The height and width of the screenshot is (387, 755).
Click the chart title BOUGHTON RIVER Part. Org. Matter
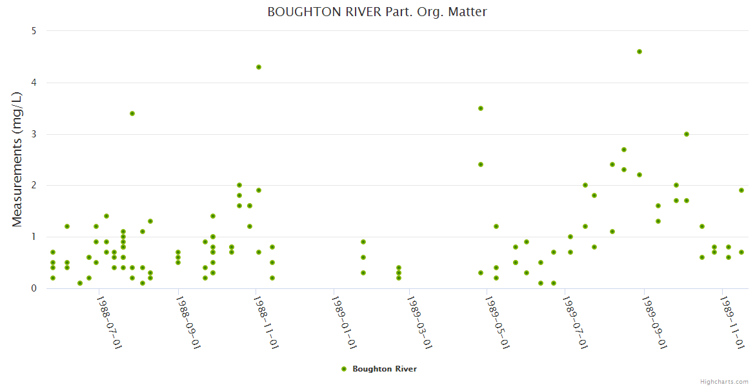(x=377, y=12)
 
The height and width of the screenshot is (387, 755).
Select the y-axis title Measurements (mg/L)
(x=17, y=159)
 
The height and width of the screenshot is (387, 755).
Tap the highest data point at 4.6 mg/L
(x=639, y=52)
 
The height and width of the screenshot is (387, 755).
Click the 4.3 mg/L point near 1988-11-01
(x=259, y=67)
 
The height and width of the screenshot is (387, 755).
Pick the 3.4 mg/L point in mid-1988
(x=132, y=114)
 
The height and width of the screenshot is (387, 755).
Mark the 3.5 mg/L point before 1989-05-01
(x=481, y=108)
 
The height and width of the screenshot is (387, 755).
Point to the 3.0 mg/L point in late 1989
(x=687, y=134)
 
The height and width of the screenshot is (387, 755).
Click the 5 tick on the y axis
(x=34, y=31)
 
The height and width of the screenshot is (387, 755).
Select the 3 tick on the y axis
(x=34, y=134)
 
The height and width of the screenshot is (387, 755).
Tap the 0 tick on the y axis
(x=34, y=288)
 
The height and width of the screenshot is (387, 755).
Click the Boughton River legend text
(x=384, y=369)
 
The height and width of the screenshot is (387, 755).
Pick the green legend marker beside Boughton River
(x=344, y=369)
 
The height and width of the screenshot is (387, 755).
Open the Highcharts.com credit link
(x=724, y=382)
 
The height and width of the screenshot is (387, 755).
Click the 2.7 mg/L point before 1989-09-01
(x=624, y=150)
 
